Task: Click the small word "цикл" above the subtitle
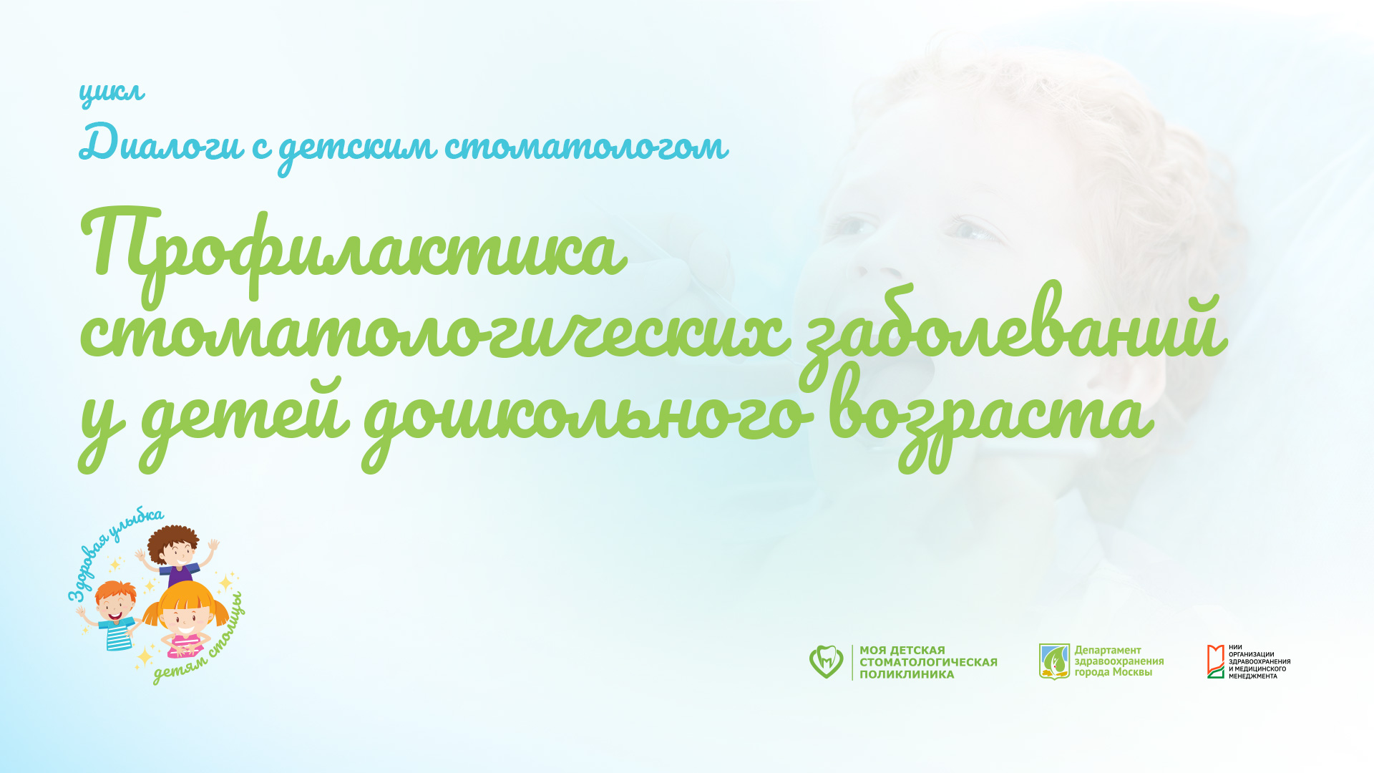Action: tap(112, 93)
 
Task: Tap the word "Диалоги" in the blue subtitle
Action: tap(161, 143)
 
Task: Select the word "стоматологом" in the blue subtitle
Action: tap(586, 147)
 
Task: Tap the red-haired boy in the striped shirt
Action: tap(114, 616)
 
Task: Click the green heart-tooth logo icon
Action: tap(826, 661)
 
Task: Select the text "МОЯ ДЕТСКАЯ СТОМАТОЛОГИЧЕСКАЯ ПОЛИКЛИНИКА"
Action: tap(928, 662)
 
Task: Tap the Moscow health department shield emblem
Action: tap(1054, 661)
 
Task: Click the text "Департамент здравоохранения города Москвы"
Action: tap(1119, 661)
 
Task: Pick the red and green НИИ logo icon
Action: tap(1215, 661)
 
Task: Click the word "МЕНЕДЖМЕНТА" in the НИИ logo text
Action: tap(1252, 676)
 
